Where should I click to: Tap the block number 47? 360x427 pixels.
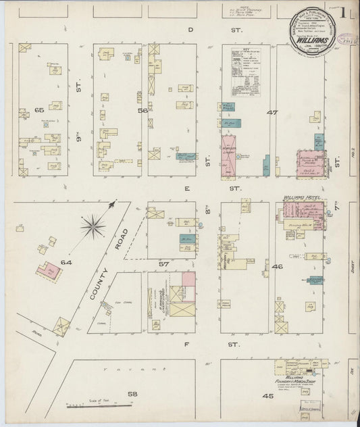click(272, 112)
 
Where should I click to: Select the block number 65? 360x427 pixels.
click(38, 109)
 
